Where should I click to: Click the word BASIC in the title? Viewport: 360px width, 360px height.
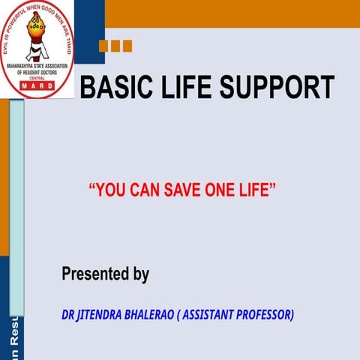tap(113, 88)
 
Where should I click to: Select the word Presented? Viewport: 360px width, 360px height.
tap(95, 274)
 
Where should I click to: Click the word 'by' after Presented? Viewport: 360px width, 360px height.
tap(140, 275)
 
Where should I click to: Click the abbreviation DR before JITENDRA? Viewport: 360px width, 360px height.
tap(68, 314)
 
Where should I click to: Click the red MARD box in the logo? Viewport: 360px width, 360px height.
tap(37, 85)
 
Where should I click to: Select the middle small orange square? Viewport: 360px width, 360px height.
tap(115, 46)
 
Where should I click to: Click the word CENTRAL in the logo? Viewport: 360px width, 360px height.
tap(37, 79)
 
